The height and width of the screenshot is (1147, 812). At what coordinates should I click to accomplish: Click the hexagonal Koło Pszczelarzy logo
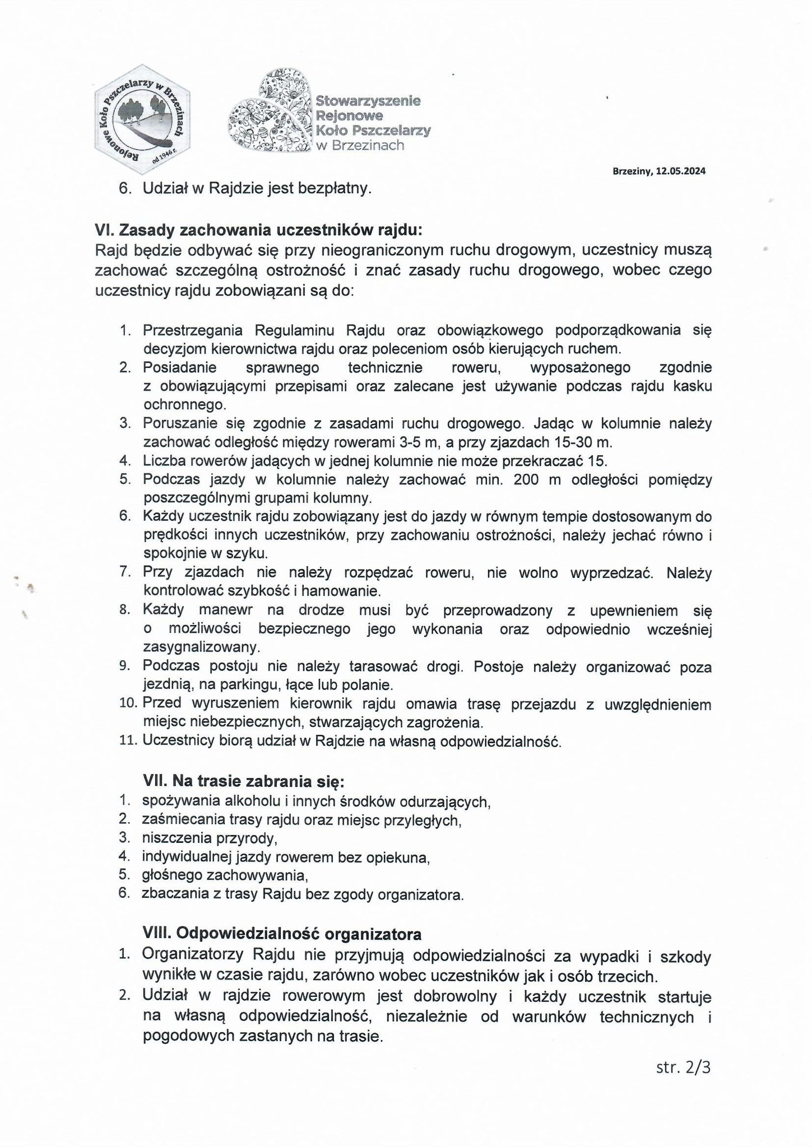[x=142, y=118]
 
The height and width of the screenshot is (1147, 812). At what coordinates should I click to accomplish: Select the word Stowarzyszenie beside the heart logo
[x=368, y=101]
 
